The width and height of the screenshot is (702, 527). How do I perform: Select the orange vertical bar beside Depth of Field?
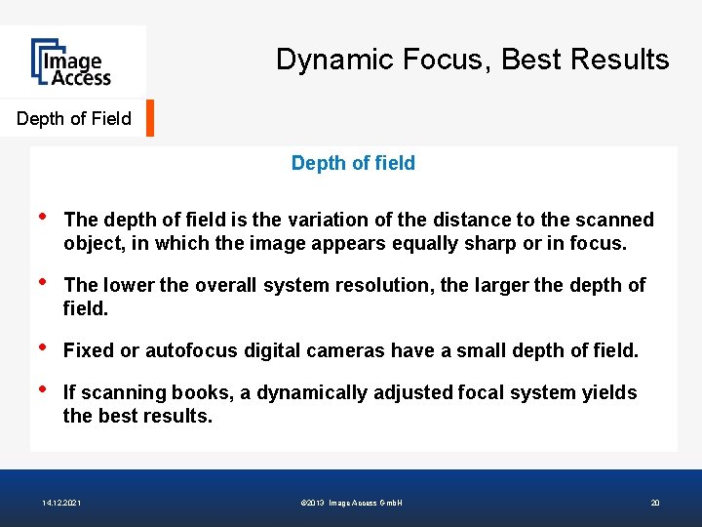(x=150, y=118)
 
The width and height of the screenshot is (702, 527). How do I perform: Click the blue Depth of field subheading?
(x=353, y=164)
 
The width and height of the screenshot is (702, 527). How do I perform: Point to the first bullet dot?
(x=40, y=217)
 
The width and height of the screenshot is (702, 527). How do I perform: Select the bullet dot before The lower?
(x=40, y=282)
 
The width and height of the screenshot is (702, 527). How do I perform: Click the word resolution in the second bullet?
(x=387, y=285)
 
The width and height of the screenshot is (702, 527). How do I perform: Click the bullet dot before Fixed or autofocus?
(x=40, y=346)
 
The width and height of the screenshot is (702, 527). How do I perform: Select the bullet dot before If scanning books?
(x=40, y=389)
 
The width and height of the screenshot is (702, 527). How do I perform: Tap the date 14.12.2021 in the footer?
(x=62, y=503)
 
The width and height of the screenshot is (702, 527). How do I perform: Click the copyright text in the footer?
(x=352, y=503)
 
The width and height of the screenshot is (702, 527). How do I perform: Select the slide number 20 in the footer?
(x=655, y=503)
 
